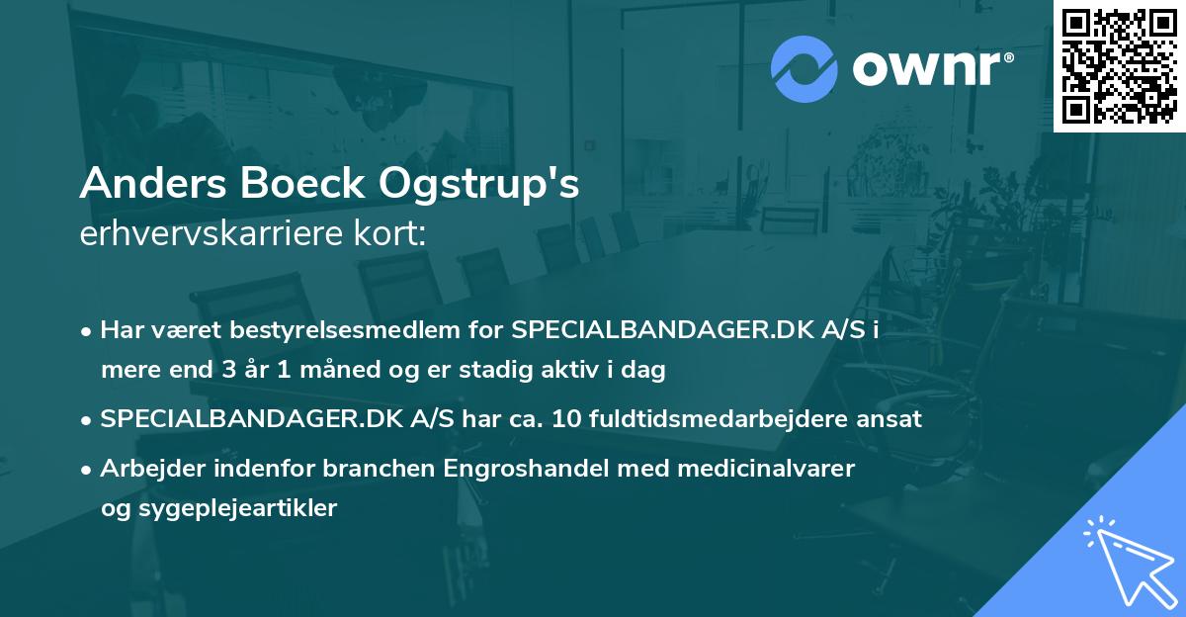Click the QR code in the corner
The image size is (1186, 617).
coord(1119,65)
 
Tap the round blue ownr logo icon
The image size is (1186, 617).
coord(805,68)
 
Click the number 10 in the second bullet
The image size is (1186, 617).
coord(565,418)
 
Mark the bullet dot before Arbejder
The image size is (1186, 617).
coord(88,469)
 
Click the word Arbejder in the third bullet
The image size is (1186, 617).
coord(145,468)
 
